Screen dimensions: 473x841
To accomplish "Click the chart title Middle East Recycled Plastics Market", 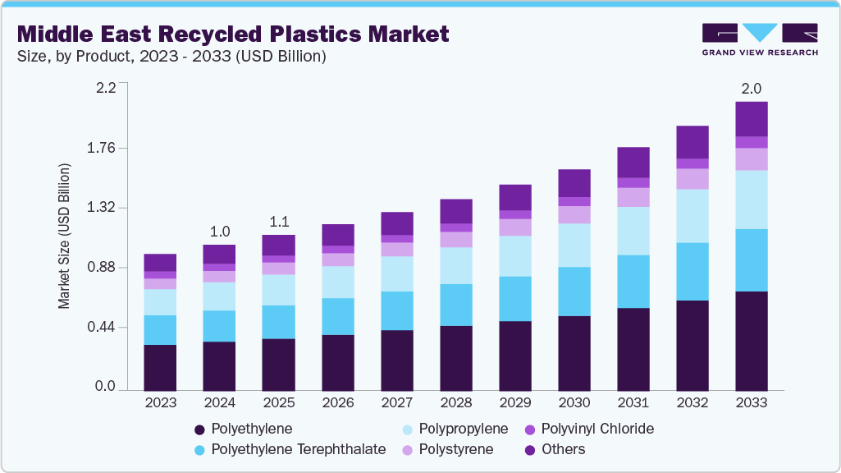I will [233, 34].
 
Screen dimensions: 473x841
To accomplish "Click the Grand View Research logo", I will [759, 39].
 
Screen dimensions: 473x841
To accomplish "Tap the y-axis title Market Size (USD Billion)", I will [64, 236].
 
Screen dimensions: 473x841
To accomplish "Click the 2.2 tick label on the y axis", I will [106, 88].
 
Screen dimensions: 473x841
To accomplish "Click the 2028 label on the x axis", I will [456, 402].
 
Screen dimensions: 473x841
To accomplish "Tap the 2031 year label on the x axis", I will [633, 402].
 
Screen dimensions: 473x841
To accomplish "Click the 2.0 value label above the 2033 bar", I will [752, 88].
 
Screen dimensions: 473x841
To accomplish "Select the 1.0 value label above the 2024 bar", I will [219, 231].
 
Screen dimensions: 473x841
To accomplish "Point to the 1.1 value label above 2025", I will [278, 221].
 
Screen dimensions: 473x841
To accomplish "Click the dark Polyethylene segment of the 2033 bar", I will [752, 340].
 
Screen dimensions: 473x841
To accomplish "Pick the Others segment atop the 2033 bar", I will [752, 119].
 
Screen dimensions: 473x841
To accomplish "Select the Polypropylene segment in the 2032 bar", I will [692, 216].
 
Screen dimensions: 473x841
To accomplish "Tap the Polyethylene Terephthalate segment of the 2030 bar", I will [574, 291].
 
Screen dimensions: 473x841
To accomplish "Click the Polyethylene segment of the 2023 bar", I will [160, 367].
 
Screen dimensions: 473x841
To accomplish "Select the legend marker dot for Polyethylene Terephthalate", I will [199, 450].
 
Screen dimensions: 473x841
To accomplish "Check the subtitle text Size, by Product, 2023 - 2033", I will [171, 56].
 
